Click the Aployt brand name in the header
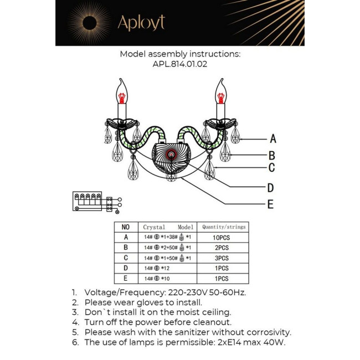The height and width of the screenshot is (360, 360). [141, 23]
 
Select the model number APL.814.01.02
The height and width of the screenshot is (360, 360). [180, 64]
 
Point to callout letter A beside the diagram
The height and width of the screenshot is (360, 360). [272, 139]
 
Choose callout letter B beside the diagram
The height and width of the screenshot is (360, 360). [272, 156]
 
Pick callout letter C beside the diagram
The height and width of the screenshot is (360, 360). [271, 168]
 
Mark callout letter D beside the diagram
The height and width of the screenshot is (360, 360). [270, 187]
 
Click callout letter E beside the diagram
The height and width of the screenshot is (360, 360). [270, 204]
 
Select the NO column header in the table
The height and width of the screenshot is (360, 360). [125, 227]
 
